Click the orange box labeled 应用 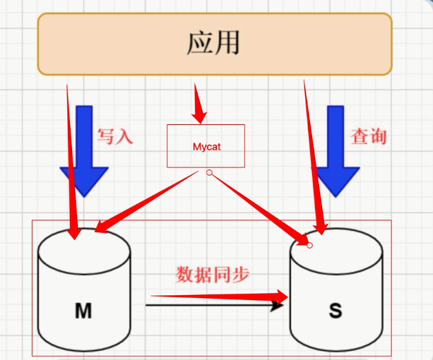click(x=215, y=44)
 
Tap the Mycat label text click(x=206, y=147)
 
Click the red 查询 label click(x=369, y=136)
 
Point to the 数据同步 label click(x=213, y=275)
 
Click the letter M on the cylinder click(x=83, y=311)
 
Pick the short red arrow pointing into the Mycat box click(x=200, y=106)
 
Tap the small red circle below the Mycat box click(x=209, y=172)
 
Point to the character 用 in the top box click(x=227, y=42)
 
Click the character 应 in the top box click(x=201, y=42)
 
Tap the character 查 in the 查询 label click(x=360, y=136)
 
